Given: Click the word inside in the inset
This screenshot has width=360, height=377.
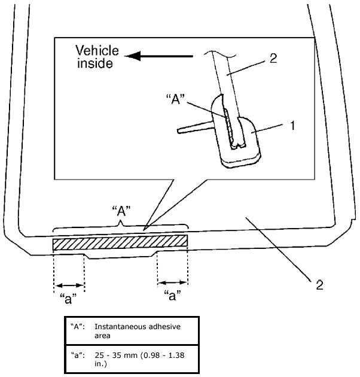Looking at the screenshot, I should [94, 63].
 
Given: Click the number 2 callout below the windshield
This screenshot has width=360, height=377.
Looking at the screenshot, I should [319, 284].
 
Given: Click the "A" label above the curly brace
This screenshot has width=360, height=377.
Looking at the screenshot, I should [122, 210].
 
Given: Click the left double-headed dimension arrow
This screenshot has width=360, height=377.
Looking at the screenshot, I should [69, 285].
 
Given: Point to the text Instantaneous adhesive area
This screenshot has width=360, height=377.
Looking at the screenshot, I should [137, 330].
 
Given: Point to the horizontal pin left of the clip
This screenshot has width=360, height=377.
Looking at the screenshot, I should [194, 127].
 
